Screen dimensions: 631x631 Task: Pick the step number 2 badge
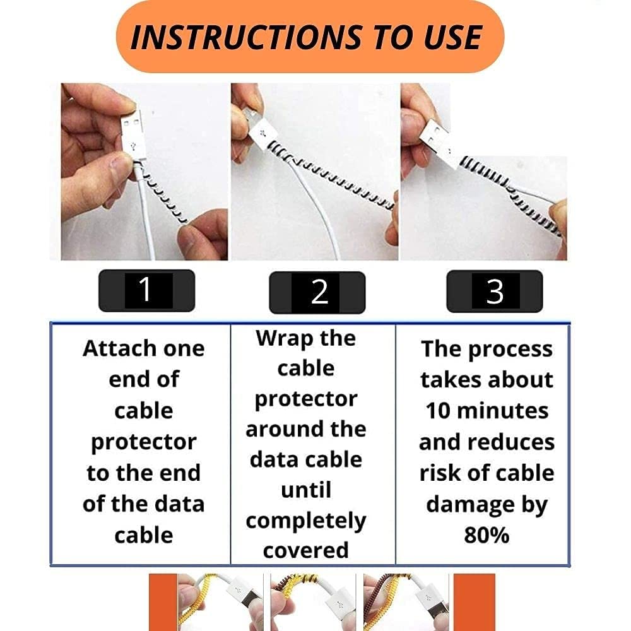pyautogui.click(x=317, y=292)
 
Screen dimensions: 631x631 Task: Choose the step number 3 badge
pyautogui.click(x=495, y=291)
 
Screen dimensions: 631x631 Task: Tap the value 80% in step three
pyautogui.click(x=487, y=535)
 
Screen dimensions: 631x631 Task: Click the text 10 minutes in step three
pyautogui.click(x=487, y=411)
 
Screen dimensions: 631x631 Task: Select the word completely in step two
pyautogui.click(x=306, y=521)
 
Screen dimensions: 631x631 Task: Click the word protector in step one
pyautogui.click(x=144, y=442)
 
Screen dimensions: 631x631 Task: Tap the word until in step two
pyautogui.click(x=305, y=490)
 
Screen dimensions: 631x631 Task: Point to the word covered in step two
pyautogui.click(x=306, y=550)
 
